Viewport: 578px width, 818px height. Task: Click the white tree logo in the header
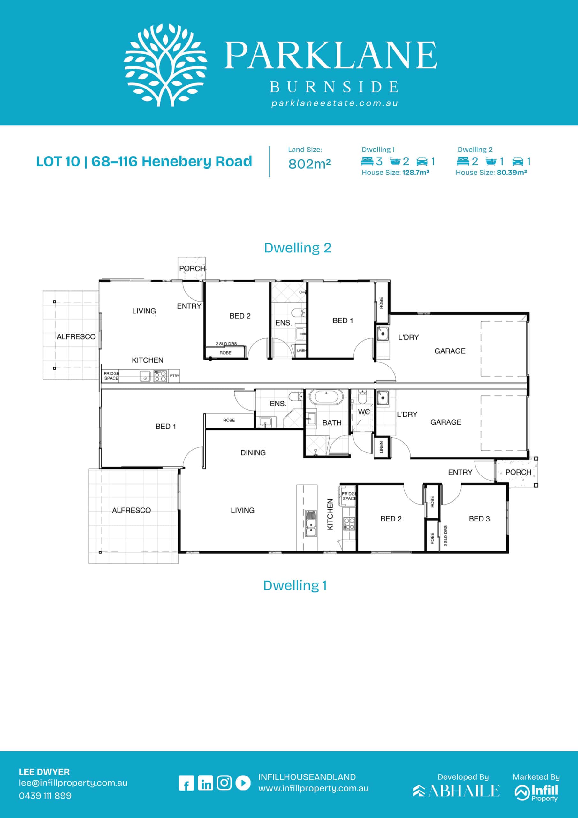point(165,65)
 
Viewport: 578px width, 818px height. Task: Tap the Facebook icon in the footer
point(186,783)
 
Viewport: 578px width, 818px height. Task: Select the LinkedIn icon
point(205,783)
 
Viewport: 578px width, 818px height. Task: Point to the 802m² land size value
point(309,164)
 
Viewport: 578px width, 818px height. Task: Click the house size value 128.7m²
point(415,173)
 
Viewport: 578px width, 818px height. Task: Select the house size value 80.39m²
point(512,173)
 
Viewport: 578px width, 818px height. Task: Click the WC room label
point(364,412)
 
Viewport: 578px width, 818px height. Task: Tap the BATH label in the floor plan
point(332,422)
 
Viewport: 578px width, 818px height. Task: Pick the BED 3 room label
point(479,519)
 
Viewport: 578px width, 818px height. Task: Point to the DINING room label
point(253,453)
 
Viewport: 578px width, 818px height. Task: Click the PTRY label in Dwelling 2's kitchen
point(174,376)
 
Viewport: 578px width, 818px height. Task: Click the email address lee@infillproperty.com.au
point(73,783)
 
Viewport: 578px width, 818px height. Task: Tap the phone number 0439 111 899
point(45,796)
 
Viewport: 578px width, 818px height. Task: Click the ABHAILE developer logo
point(456,791)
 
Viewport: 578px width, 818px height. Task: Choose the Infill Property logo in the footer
point(536,793)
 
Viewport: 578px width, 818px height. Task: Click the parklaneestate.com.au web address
point(335,103)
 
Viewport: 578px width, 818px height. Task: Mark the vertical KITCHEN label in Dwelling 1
point(330,514)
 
